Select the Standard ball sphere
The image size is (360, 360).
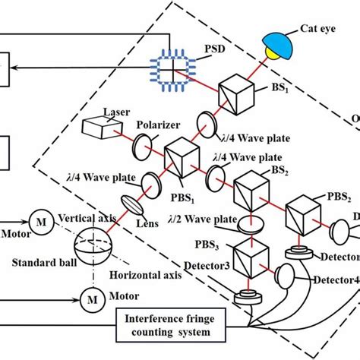91,248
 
